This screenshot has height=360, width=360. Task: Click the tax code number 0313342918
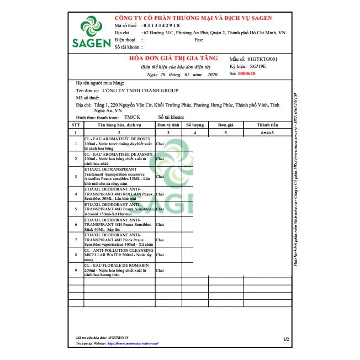[x=161, y=25]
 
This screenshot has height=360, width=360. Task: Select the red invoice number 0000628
[x=247, y=73]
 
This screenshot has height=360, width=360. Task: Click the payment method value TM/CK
[x=132, y=117]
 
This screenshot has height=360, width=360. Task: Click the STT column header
[x=76, y=125]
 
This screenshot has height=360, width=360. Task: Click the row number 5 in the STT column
[x=76, y=210]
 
